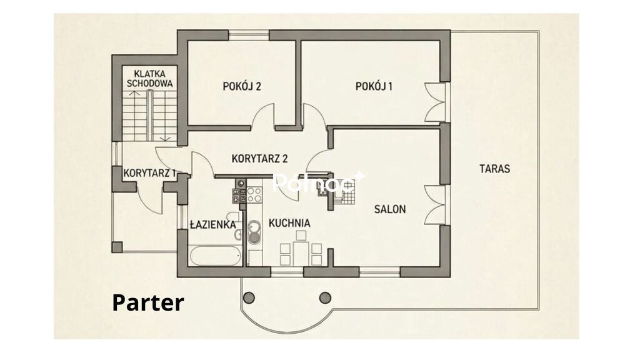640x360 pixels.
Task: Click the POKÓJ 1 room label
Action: tap(374, 86)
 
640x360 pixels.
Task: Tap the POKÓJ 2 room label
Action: tap(242, 86)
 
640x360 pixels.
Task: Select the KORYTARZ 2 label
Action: tap(259, 158)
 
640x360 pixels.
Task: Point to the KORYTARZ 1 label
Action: tap(149, 173)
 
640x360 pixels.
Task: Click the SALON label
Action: tap(390, 209)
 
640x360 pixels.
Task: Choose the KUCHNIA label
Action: tap(289, 223)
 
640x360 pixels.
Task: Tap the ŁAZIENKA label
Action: tap(212, 224)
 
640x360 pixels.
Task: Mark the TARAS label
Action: tap(495, 169)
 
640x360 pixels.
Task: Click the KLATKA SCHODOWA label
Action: tap(150, 79)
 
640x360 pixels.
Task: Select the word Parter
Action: tap(147, 303)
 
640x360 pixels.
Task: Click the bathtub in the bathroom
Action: tap(216, 256)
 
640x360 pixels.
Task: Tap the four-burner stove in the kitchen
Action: tap(254, 194)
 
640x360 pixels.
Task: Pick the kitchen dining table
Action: tap(301, 252)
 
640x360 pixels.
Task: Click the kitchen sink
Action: tap(254, 232)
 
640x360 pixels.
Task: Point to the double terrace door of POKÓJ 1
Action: tap(437, 102)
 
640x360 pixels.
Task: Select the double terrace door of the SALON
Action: tap(437, 205)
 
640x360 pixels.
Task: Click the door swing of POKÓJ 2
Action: tap(262, 116)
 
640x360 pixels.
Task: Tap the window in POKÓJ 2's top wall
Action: tap(249, 35)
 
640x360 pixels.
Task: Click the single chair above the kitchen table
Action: tap(301, 236)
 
